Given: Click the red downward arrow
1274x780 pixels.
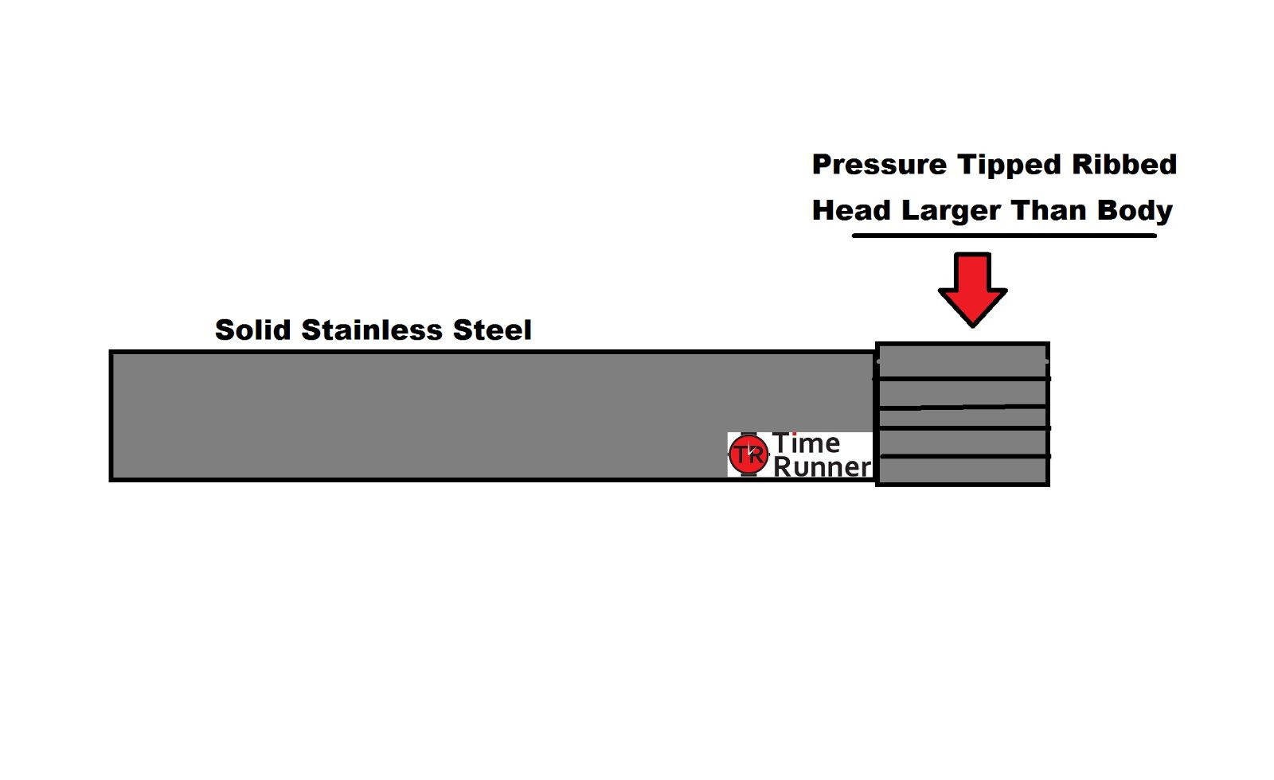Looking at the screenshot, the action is click(972, 290).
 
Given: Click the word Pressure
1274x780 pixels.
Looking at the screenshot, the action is click(880, 166).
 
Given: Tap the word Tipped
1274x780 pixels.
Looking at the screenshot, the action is click(1010, 166).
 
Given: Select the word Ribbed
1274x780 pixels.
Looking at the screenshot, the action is click(1124, 164).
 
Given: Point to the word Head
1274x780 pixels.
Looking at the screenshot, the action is click(851, 210).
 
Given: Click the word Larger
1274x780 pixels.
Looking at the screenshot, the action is click(952, 212).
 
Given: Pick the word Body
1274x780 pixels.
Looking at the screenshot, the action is click(1135, 212).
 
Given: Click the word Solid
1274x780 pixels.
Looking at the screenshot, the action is click(253, 330).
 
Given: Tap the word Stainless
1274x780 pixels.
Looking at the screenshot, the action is click(372, 330).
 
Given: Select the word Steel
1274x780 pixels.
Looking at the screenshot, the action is click(492, 330).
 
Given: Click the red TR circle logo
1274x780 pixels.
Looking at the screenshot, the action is click(748, 454).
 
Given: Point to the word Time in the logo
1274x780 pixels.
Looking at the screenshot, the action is click(806, 443).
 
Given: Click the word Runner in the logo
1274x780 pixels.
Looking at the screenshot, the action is click(822, 467).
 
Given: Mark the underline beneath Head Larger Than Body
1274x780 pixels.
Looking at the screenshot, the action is click(1004, 236).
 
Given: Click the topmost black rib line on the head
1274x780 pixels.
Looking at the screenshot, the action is click(962, 379).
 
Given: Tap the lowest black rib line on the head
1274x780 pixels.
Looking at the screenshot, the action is click(965, 457).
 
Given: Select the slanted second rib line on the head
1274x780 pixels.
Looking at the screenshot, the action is click(963, 408).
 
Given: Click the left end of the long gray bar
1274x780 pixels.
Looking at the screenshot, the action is click(111, 415).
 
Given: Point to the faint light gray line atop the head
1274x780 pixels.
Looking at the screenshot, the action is click(963, 361).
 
